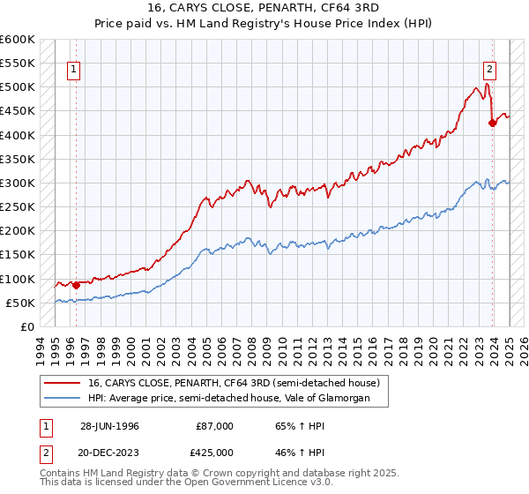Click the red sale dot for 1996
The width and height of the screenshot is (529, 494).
76,284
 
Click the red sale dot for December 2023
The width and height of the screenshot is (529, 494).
493,123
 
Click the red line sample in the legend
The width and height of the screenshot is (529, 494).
61,383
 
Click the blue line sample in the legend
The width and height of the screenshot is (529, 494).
61,399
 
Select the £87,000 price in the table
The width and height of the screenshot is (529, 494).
215,426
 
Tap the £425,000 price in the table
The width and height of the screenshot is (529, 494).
217,453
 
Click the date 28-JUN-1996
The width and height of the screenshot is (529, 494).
109,426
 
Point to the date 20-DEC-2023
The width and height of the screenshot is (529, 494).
109,453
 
